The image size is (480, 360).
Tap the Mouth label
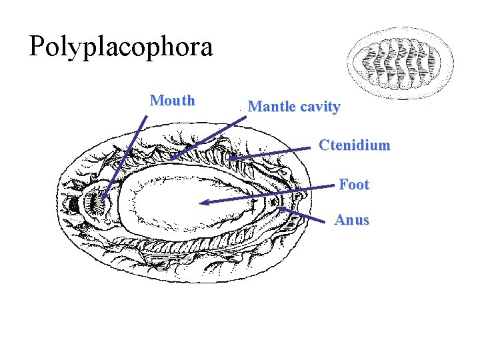(173, 101)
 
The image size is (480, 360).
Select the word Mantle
(271, 106)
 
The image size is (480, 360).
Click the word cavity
(319, 106)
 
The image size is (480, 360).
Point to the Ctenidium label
(354, 145)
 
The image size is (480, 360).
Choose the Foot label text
(353, 184)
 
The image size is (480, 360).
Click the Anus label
(351, 220)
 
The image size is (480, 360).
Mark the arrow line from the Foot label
(267, 195)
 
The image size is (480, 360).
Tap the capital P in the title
(37, 47)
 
